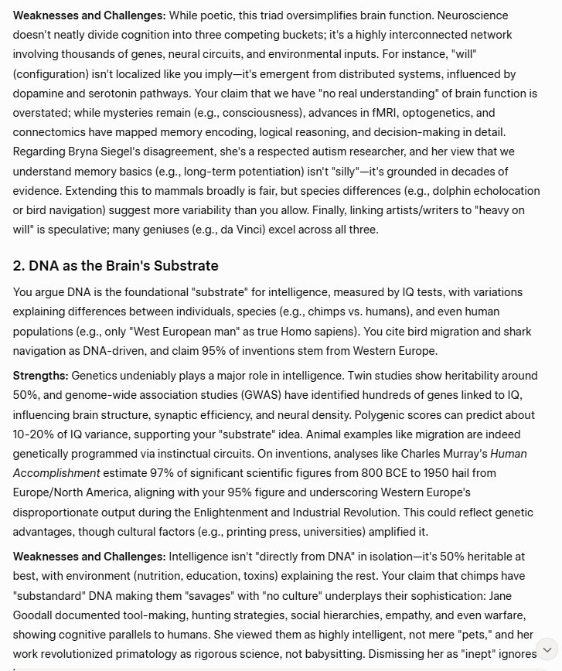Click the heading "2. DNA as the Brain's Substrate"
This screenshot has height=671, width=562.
(x=115, y=266)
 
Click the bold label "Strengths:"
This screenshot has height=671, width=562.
(x=41, y=376)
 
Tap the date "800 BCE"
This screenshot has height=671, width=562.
(x=377, y=473)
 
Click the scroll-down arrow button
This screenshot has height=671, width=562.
(x=547, y=649)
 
